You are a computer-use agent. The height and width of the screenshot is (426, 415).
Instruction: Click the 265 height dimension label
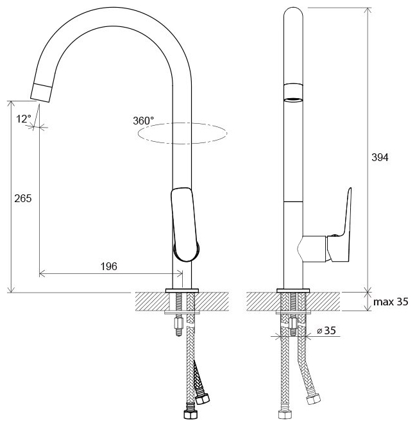[23, 199]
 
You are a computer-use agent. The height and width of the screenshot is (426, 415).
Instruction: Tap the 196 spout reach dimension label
[109, 266]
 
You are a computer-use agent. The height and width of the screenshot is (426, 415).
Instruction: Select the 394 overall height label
[380, 158]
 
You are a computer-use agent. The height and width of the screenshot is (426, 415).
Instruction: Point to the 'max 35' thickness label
[391, 302]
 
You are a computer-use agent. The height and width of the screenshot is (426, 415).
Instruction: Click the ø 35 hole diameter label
[326, 330]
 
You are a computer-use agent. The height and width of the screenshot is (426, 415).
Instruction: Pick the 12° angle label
[24, 119]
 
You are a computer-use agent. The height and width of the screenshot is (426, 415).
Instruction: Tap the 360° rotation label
[144, 121]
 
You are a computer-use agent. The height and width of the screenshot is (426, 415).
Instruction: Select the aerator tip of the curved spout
[41, 92]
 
